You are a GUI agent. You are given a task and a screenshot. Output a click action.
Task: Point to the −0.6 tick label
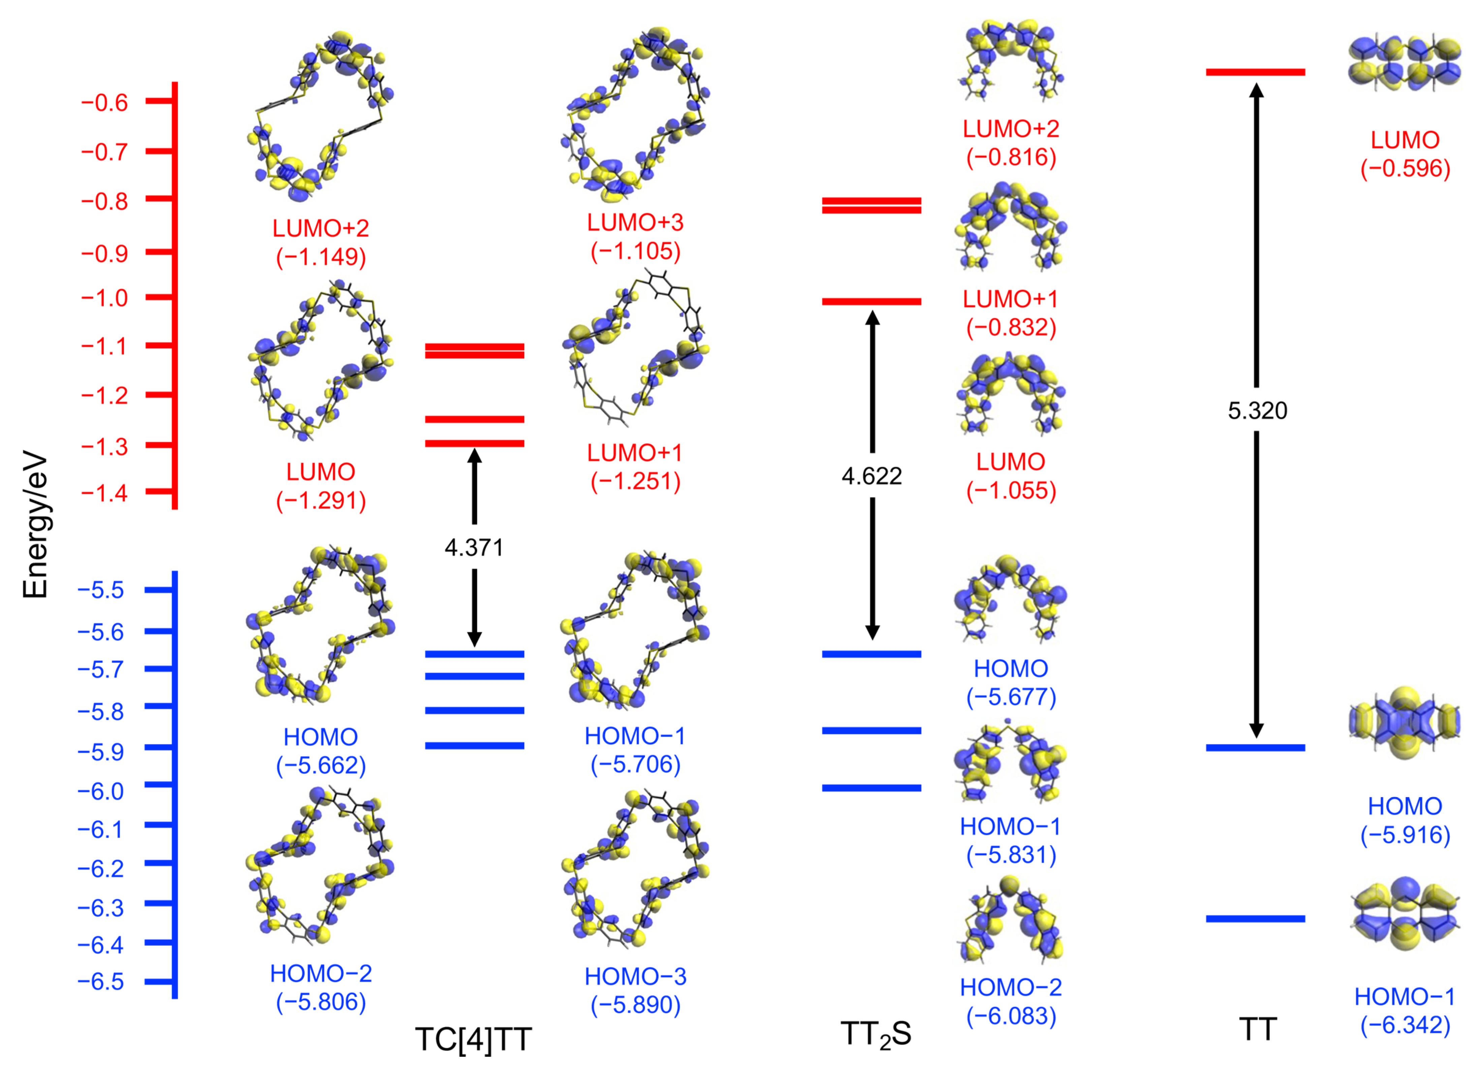point(104,102)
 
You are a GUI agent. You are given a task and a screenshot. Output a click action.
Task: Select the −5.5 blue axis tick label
point(101,590)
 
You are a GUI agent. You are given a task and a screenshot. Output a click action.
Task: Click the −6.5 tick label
point(101,981)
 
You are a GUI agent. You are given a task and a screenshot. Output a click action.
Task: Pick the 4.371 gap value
point(474,548)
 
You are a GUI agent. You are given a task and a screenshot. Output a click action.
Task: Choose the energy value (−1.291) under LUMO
point(321,501)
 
